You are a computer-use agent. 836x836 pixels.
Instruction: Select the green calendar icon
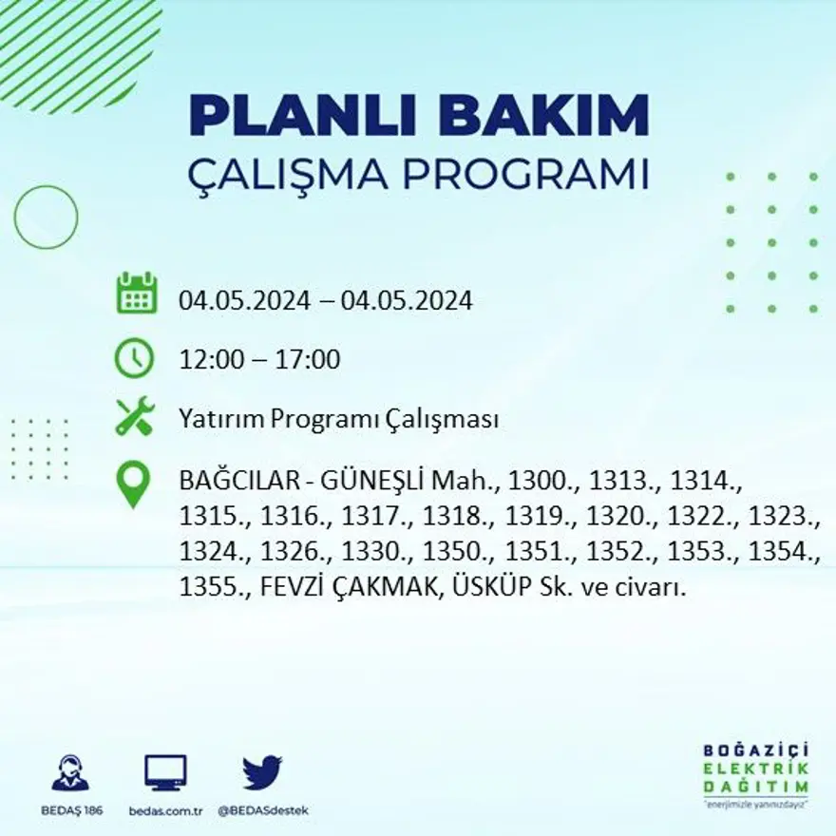(x=137, y=294)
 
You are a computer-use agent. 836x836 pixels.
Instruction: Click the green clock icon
(x=134, y=358)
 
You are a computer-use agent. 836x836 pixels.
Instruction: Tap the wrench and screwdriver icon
(x=134, y=418)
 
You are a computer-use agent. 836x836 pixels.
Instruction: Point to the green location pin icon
(x=133, y=484)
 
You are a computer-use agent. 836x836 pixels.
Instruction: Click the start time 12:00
(x=210, y=360)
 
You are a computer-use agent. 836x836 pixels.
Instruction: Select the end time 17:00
(x=309, y=360)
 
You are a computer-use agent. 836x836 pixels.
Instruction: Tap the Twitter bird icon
(x=262, y=772)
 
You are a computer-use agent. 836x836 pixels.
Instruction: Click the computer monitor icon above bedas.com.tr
(x=165, y=772)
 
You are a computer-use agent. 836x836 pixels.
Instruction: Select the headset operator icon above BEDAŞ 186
(x=70, y=772)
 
